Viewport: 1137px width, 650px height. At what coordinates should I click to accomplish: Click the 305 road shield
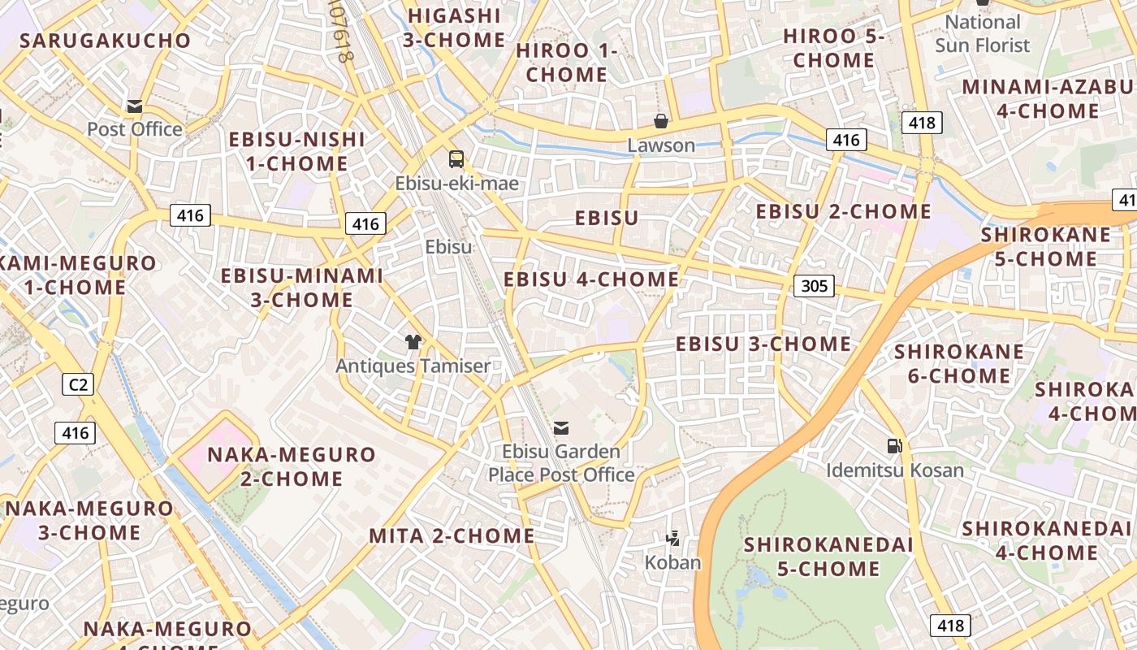[814, 285]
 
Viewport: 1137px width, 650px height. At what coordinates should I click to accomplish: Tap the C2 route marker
[77, 383]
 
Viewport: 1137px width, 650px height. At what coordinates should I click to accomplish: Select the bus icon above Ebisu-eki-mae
[456, 159]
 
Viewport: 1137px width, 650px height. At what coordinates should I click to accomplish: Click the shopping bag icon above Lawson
[661, 122]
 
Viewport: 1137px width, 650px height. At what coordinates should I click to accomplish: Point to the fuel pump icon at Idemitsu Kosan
[894, 445]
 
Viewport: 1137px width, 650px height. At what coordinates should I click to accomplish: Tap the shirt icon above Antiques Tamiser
[413, 342]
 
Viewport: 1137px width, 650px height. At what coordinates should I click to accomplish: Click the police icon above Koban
[672, 537]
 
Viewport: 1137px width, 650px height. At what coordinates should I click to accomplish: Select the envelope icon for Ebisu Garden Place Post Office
[560, 427]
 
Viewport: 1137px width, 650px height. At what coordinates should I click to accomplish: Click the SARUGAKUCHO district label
[105, 41]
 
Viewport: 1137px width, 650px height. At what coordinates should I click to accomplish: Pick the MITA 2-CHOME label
[452, 536]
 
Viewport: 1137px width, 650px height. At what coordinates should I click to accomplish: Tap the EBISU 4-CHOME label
[591, 279]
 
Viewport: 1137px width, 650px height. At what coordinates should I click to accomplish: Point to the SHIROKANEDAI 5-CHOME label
[828, 557]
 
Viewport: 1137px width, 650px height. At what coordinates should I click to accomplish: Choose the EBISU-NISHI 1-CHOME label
[296, 151]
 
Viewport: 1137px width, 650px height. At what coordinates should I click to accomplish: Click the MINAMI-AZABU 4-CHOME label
[1048, 99]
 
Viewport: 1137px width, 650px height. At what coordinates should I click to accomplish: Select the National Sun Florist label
[983, 34]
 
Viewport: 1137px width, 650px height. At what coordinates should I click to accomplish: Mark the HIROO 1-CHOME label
[566, 63]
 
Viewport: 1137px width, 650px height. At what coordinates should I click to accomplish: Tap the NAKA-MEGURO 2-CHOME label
[292, 466]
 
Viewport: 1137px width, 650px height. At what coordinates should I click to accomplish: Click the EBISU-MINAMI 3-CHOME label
[302, 288]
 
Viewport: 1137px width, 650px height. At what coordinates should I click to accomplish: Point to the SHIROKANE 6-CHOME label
[959, 364]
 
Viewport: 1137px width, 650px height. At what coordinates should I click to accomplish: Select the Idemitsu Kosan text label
[895, 470]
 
